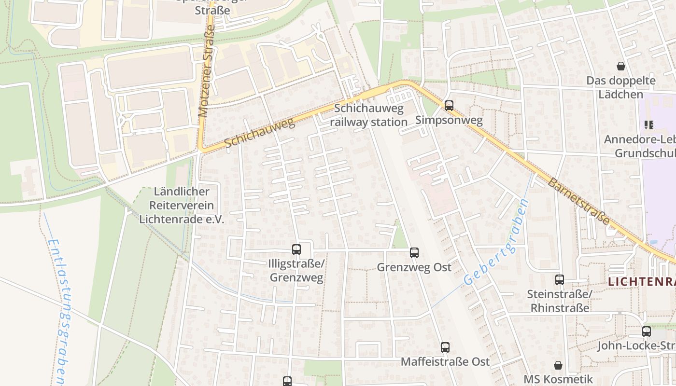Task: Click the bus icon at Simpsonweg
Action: tap(449, 105)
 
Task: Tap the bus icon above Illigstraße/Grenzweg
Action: tap(296, 249)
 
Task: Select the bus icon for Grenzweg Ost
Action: tap(414, 253)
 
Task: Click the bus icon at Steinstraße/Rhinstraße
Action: tap(559, 280)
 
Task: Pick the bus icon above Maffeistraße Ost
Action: tap(445, 347)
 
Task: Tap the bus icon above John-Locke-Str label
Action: tap(647, 331)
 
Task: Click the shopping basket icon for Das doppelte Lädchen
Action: tap(620, 66)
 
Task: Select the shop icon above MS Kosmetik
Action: tap(558, 365)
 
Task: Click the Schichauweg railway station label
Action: tap(369, 116)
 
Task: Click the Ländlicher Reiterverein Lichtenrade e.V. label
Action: tap(182, 206)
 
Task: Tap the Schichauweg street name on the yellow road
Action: tap(259, 133)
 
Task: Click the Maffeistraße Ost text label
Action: tap(445, 361)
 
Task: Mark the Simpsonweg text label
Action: tap(449, 120)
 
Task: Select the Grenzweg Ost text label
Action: tap(414, 267)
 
